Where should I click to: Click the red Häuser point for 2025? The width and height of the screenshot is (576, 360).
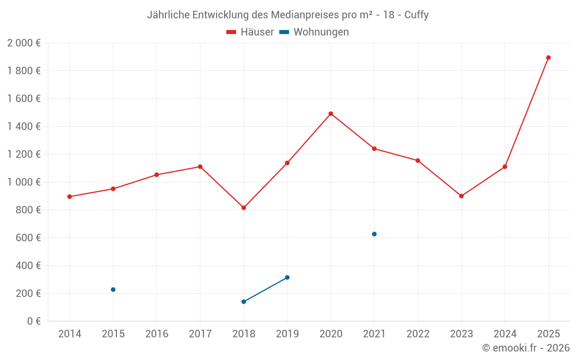(x=548, y=58)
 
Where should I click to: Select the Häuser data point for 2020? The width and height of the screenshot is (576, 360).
(x=331, y=113)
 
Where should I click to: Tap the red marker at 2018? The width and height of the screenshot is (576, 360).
(x=244, y=207)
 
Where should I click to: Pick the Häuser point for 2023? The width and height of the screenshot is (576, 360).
(x=461, y=196)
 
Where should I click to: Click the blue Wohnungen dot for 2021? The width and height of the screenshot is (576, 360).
(x=374, y=234)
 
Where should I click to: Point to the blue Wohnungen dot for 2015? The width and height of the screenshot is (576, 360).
(x=113, y=289)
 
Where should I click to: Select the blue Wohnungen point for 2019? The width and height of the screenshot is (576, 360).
(x=287, y=278)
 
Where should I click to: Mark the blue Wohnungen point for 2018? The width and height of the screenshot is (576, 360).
(x=244, y=301)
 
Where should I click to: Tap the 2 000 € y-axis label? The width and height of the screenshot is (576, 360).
(x=24, y=43)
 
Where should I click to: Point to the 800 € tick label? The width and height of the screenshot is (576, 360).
(x=28, y=210)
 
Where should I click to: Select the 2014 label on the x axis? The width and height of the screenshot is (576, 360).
(x=70, y=334)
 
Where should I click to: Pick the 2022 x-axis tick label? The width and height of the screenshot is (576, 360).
(x=418, y=334)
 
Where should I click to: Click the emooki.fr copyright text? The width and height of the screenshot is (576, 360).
(x=526, y=348)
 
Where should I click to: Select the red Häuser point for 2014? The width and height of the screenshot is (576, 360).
(x=70, y=196)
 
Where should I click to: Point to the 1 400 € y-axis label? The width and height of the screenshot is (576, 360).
(x=24, y=127)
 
